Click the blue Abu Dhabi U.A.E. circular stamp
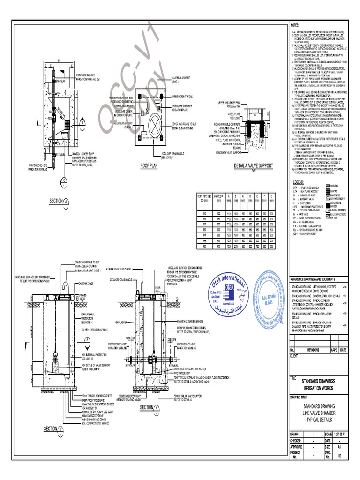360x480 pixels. [270, 296]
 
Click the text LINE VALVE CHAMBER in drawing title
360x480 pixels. [319, 412]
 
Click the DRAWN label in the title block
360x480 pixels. [295, 434]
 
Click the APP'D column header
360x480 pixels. [335, 350]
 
